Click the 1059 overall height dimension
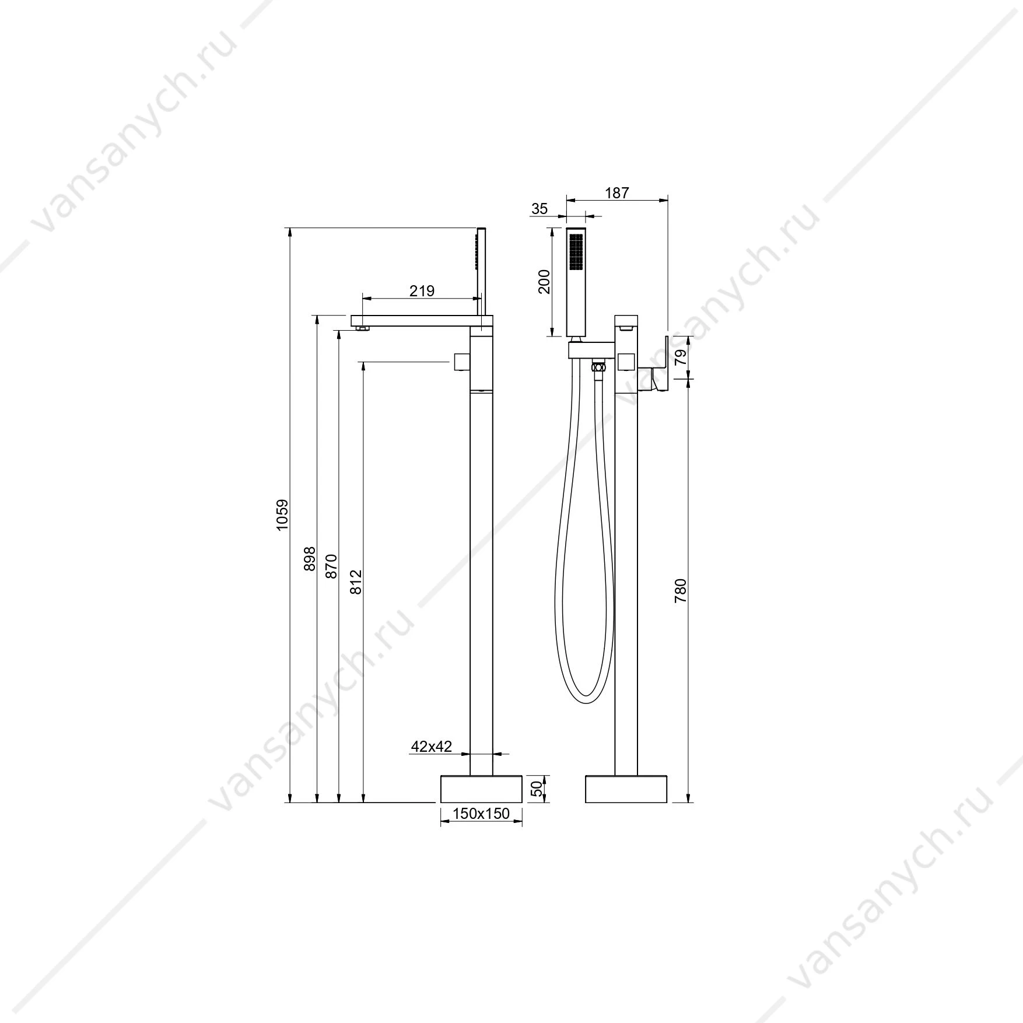[x=283, y=515]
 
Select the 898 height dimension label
[x=310, y=559]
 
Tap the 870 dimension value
[x=331, y=566]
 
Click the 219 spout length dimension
[x=422, y=290]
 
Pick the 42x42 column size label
[x=432, y=747]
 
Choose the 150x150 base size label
[x=481, y=813]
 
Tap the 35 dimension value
[x=540, y=208]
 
